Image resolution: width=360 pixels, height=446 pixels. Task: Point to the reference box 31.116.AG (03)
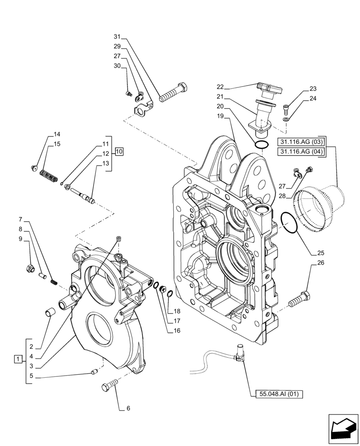pyautogui.click(x=302, y=142)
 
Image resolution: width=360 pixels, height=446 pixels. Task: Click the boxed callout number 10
pyautogui.click(x=119, y=152)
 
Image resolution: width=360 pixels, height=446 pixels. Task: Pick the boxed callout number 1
pyautogui.click(x=17, y=359)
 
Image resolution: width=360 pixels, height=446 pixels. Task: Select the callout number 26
pyautogui.click(x=321, y=263)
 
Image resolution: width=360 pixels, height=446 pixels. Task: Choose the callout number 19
pyautogui.click(x=220, y=116)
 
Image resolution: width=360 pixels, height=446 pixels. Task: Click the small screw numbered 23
pyautogui.click(x=286, y=107)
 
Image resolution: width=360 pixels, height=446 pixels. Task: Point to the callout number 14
pyautogui.click(x=57, y=134)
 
